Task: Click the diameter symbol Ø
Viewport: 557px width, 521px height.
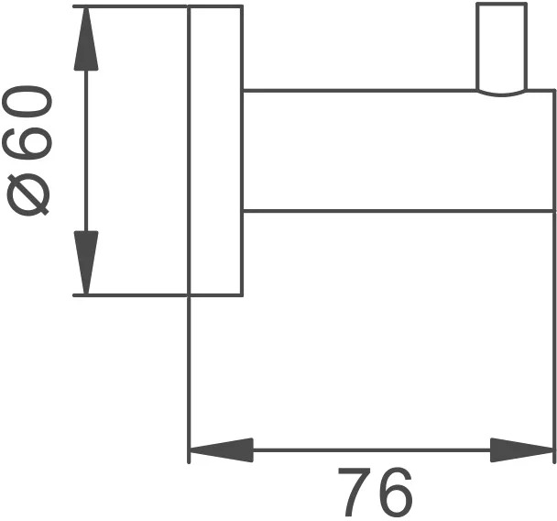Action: pos(27,194)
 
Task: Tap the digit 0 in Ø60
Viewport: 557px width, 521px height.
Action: pos(27,101)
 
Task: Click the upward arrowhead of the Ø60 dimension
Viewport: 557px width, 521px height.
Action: pos(86,39)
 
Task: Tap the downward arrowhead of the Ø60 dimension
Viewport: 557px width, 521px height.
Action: pos(86,263)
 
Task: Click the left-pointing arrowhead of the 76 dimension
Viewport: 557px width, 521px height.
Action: pos(222,449)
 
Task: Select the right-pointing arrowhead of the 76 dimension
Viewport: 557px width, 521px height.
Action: pos(522,449)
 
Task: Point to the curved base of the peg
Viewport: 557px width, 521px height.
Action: pos(501,94)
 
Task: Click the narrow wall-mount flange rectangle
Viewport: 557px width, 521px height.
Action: pos(215,150)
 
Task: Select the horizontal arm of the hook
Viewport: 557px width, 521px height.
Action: pos(399,151)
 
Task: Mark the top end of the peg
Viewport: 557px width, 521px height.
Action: pos(501,4)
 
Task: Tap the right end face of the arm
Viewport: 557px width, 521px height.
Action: pos(554,151)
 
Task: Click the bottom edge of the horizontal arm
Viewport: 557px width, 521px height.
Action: pos(399,211)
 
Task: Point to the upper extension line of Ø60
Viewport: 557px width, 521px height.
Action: pos(130,6)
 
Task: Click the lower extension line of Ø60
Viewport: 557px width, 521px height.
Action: pos(130,295)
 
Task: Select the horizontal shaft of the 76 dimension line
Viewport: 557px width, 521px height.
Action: pos(372,449)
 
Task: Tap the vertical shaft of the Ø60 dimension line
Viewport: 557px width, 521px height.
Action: pos(86,150)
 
